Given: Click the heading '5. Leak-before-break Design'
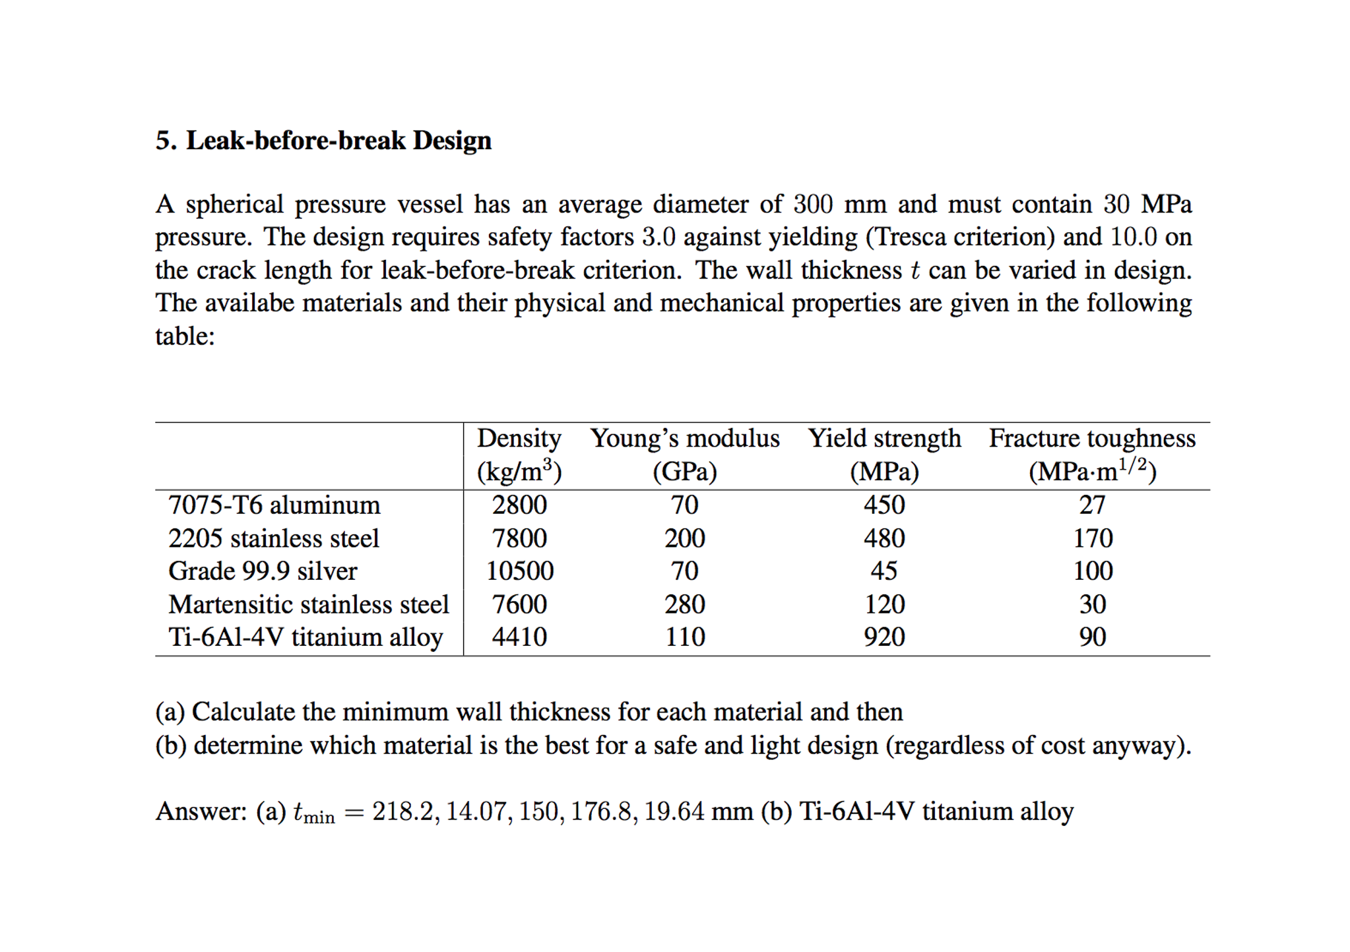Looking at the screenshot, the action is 323,141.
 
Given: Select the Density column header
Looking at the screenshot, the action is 519,438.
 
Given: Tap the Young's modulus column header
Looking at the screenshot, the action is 685,438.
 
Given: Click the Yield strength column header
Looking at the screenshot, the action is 884,438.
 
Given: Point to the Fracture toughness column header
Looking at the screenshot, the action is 1092,438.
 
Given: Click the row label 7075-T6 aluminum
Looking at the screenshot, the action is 274,505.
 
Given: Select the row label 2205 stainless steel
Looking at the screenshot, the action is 274,538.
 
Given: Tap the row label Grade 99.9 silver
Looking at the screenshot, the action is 263,571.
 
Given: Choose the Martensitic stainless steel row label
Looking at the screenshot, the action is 309,604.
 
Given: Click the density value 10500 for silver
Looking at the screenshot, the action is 520,571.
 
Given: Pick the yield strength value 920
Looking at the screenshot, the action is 884,637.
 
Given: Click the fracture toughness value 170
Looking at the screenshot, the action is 1093,538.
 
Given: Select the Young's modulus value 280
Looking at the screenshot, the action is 685,604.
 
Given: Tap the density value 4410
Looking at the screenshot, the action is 519,637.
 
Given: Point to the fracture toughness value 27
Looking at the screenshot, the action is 1092,505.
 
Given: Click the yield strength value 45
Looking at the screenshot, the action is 884,571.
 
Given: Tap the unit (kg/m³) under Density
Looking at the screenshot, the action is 519,471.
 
